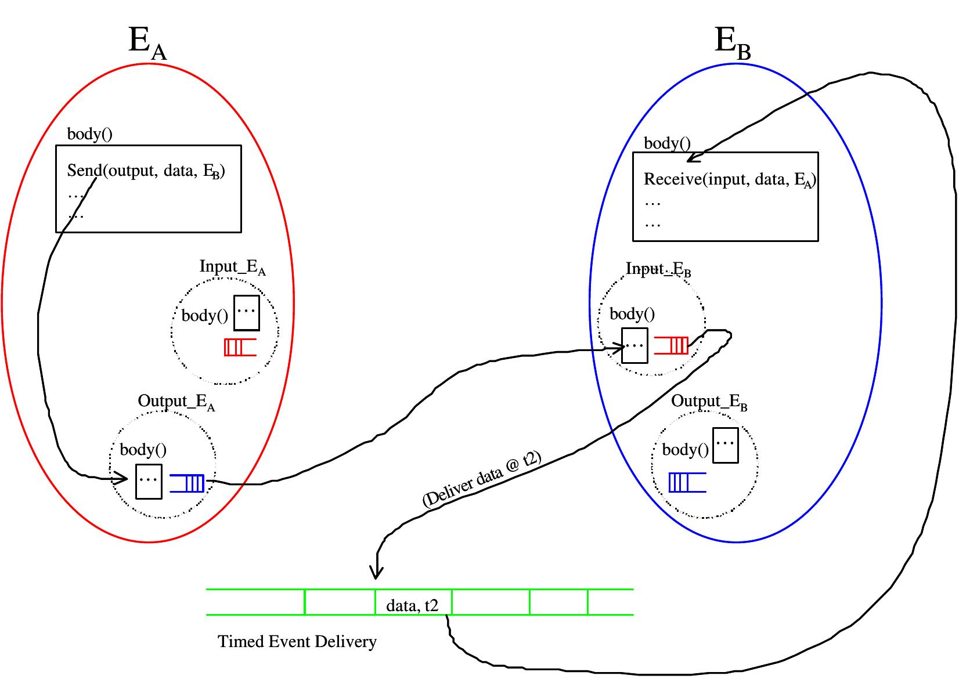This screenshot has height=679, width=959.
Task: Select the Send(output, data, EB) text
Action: tap(146, 171)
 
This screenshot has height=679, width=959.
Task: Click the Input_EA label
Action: tap(232, 267)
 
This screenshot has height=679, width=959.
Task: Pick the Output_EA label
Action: tap(176, 402)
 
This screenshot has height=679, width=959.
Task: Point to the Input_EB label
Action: tap(658, 269)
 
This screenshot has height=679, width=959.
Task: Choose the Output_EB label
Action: tap(709, 402)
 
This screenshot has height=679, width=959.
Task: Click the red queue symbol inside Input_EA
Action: tap(239, 347)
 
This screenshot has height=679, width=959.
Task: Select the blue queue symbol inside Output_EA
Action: tap(188, 483)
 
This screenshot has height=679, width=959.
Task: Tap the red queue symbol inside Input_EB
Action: tap(672, 345)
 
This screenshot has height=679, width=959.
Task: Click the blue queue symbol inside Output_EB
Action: tap(687, 482)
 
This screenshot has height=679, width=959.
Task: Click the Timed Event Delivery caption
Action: tap(297, 642)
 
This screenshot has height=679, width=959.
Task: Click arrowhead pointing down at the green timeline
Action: tap(377, 574)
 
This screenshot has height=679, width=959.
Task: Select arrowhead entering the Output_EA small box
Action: tap(123, 479)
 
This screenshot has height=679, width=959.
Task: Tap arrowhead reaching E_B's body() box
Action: tap(691, 158)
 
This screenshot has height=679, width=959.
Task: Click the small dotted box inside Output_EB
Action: tap(725, 445)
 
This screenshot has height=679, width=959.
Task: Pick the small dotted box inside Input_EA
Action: tap(246, 313)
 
